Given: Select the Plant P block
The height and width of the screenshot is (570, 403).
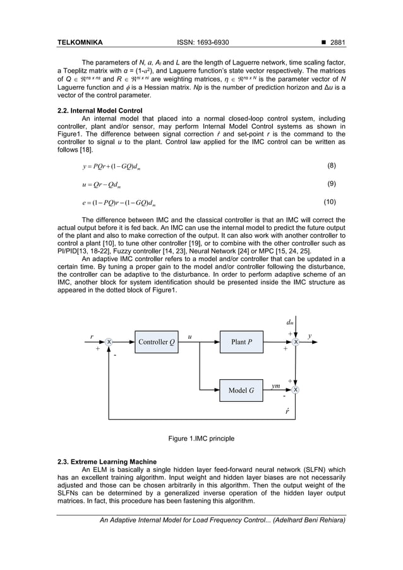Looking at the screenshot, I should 241,342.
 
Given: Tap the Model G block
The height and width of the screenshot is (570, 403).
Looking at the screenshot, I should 241,390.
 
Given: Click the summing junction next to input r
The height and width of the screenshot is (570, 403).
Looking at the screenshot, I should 109,342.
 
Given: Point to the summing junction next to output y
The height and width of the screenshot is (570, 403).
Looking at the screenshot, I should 295,342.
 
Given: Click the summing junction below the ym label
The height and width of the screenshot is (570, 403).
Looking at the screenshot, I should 295,390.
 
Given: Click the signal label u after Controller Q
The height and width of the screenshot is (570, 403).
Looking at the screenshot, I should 189,336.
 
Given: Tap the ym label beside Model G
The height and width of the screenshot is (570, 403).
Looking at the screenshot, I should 276,385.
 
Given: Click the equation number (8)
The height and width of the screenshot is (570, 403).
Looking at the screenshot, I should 334,166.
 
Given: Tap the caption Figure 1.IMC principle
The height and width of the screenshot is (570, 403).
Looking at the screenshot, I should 201,438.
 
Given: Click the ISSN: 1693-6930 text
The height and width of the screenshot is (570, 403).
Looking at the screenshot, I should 201,43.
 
